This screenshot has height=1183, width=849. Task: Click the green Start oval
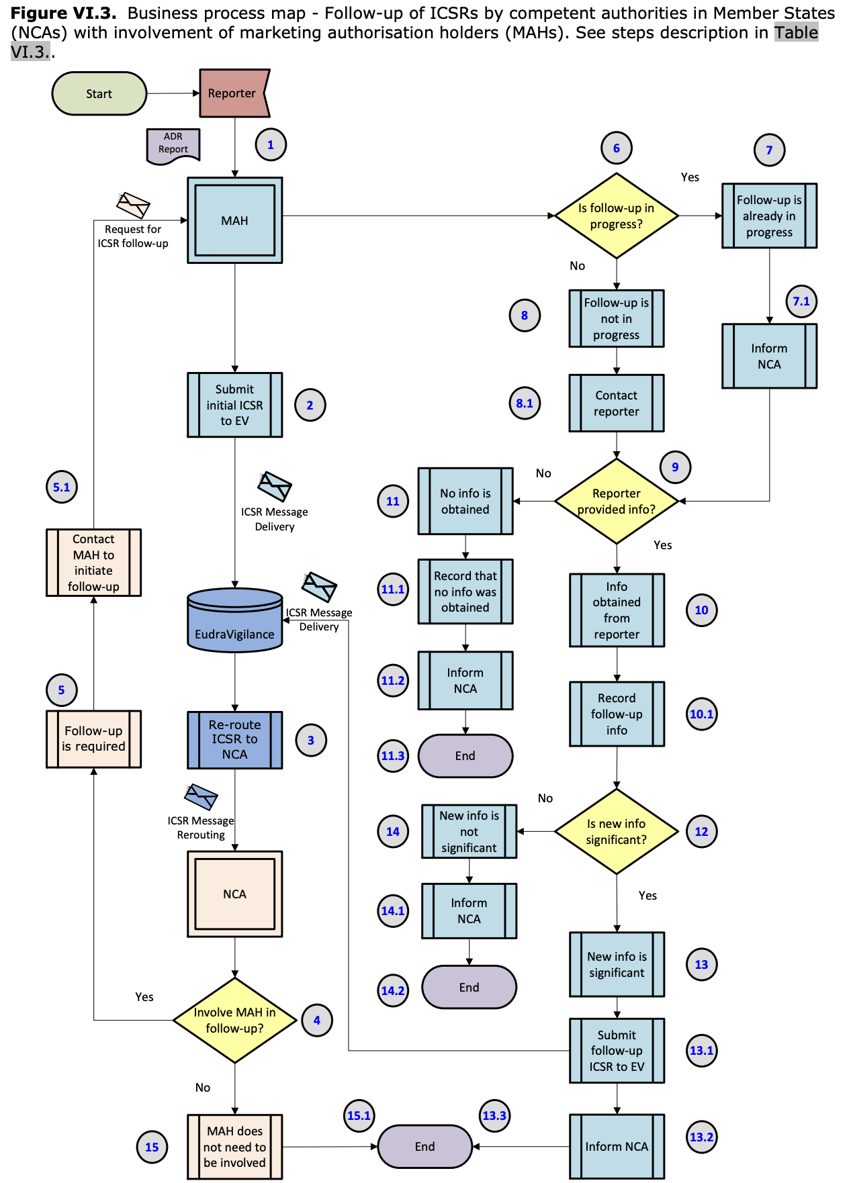[x=99, y=94]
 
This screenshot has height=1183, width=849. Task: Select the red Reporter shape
[x=233, y=93]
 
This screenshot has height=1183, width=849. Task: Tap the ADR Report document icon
[x=173, y=144]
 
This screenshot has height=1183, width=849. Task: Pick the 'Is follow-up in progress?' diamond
[x=616, y=216]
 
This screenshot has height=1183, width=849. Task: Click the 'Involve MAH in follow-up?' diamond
[x=234, y=1020]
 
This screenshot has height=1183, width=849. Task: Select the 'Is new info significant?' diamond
[x=616, y=831]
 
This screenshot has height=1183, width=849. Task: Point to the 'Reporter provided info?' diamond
[x=616, y=501]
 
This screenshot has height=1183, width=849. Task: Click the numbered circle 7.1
[x=801, y=301]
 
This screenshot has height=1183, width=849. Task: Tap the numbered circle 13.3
[x=494, y=1116]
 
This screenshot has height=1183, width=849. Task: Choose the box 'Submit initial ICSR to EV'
[x=234, y=405]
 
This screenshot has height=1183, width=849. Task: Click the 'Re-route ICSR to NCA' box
[x=234, y=739]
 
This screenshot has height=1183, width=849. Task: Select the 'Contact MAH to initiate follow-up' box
[x=93, y=563]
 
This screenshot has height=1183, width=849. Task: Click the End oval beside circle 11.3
[x=465, y=756]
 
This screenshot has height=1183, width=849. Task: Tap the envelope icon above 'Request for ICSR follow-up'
[x=133, y=205]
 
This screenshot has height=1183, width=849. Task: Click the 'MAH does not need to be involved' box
[x=234, y=1147]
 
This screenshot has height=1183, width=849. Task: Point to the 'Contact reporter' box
[x=616, y=404]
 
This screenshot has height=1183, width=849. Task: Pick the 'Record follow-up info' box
[x=617, y=714]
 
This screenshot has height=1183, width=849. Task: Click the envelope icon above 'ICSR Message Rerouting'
[x=201, y=797]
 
